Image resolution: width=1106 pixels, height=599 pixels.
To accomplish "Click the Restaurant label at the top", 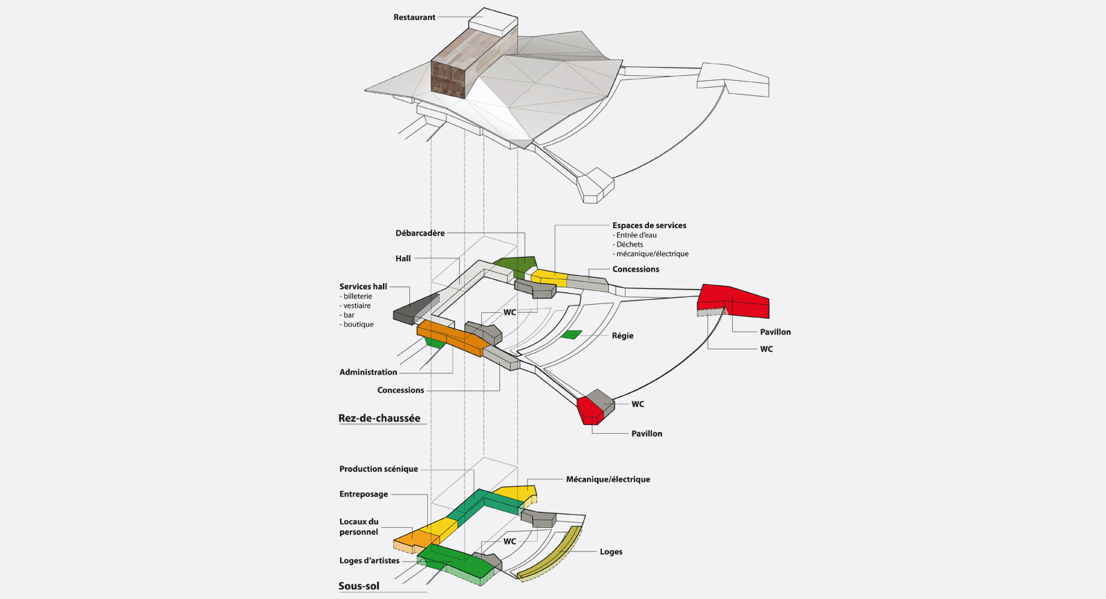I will (414, 17).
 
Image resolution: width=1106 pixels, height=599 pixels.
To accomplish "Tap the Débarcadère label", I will (420, 234).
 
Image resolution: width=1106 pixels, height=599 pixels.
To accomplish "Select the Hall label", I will (403, 258).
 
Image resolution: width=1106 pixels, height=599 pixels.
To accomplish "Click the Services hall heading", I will (363, 287).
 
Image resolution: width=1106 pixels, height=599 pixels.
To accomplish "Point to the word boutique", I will (358, 325).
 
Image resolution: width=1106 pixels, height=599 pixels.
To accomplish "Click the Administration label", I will (368, 372).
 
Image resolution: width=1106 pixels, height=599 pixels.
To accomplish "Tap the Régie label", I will (622, 336).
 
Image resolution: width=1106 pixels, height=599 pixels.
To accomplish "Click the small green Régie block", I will (572, 335).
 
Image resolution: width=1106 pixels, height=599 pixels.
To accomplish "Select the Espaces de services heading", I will (649, 225).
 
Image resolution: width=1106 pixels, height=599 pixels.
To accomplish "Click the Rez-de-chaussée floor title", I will (379, 418).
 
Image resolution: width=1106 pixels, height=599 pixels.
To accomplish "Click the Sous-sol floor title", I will (359, 586).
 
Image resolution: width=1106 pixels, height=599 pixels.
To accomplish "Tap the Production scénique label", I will (378, 469).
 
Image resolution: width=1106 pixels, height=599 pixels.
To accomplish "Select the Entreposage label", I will (363, 495).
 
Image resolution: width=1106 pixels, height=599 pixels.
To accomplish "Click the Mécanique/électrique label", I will (608, 479).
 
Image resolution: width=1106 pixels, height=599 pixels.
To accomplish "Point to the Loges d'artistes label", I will (369, 561).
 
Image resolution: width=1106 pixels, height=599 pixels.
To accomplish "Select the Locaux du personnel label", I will (359, 527).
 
